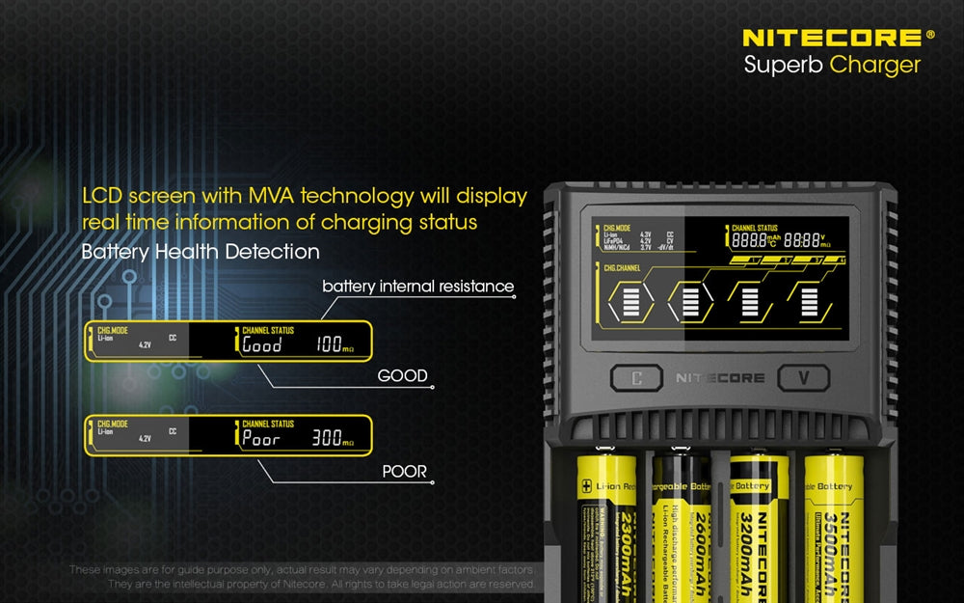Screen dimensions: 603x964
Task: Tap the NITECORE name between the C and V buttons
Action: pos(720,377)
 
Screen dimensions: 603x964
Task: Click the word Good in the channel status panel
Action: pos(261,344)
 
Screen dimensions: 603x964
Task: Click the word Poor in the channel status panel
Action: pos(261,439)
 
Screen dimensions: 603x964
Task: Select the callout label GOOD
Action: pos(403,375)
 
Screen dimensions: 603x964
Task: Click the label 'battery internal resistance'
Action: pos(417,287)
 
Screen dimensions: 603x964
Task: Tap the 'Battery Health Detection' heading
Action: pos(201,252)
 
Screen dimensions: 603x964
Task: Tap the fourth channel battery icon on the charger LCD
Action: pos(809,302)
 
